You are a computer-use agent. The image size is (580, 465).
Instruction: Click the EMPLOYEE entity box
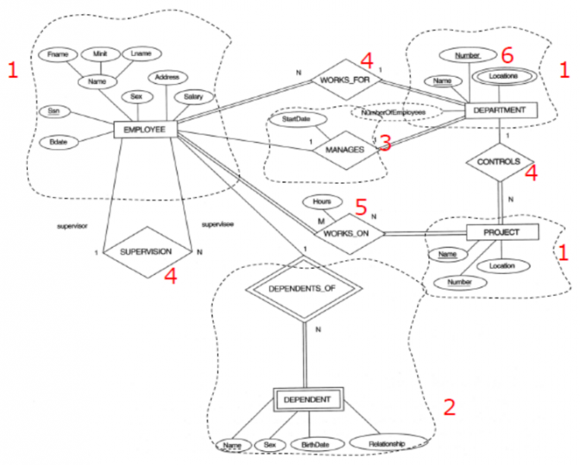click(146, 130)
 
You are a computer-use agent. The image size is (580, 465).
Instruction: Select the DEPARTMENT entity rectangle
click(499, 110)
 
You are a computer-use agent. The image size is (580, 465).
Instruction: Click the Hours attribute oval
click(322, 202)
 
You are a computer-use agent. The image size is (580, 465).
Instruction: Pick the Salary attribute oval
click(189, 97)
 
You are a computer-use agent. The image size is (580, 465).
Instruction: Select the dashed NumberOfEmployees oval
click(395, 113)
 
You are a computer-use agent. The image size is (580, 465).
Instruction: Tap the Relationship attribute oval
click(388, 442)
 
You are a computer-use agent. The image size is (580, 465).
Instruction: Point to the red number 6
click(507, 54)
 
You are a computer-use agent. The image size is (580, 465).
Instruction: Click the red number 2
click(450, 406)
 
